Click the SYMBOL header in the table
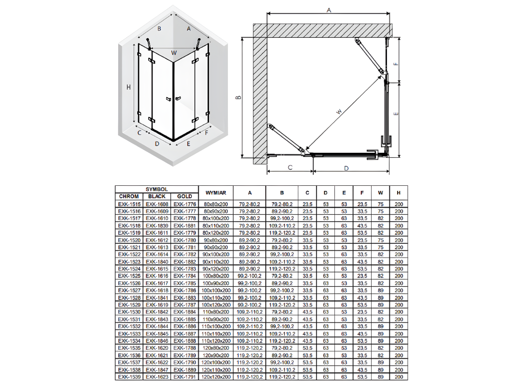point(156,189)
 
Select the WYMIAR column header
point(216,192)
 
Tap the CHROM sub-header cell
point(128,196)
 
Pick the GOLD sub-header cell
point(185,196)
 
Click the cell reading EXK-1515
point(128,204)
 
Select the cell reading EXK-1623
point(156,377)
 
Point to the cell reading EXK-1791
point(185,377)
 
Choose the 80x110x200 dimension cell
point(216,226)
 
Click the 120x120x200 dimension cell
point(216,377)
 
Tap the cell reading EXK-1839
point(156,226)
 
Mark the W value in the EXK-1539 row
point(380,377)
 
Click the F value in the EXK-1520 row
point(362,240)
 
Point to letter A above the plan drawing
point(329,10)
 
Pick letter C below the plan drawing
point(290,167)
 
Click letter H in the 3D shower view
point(129,88)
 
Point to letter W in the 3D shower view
point(174,52)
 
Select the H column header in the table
point(398,192)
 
